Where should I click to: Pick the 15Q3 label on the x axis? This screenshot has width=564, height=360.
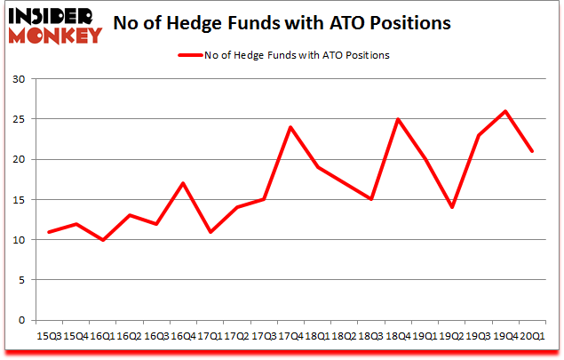(x=49, y=337)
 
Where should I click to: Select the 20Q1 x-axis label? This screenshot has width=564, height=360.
(x=531, y=337)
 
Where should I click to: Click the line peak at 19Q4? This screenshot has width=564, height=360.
(x=505, y=111)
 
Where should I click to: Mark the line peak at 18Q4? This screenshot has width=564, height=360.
(x=398, y=119)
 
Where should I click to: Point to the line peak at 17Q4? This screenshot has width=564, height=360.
(x=290, y=127)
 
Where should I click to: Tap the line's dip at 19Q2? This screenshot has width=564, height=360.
(x=451, y=207)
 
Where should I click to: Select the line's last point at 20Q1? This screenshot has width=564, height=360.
(x=532, y=151)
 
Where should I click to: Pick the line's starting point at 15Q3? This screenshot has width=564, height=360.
(x=49, y=232)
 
